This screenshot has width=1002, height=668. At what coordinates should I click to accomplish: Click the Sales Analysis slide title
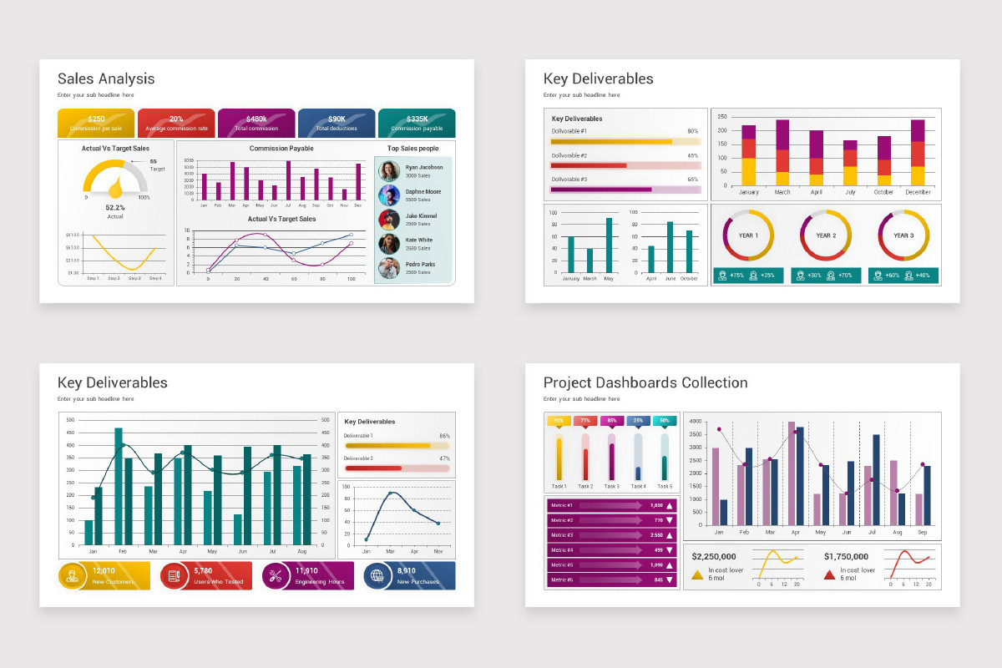[106, 79]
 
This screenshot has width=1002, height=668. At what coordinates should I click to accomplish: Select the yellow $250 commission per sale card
[96, 124]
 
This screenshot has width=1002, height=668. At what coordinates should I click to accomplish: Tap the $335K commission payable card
[417, 124]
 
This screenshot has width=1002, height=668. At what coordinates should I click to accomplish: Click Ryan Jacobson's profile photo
[388, 171]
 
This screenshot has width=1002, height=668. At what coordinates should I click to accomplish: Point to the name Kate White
[418, 240]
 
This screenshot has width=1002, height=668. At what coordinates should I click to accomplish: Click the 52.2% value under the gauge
[115, 207]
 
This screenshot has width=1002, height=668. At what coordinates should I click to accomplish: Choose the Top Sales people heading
[412, 149]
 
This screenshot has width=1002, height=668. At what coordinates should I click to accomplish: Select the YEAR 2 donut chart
[826, 235]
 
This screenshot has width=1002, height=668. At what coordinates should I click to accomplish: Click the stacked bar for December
[918, 152]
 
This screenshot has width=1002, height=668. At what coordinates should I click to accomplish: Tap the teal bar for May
[609, 245]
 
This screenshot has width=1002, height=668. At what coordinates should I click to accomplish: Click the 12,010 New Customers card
[104, 575]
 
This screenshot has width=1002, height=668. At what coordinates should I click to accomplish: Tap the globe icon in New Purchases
[377, 575]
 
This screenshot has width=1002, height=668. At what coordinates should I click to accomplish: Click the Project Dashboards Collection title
[645, 383]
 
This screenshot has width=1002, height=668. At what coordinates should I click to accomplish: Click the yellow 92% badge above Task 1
[559, 421]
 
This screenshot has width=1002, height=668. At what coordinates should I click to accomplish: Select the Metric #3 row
[611, 535]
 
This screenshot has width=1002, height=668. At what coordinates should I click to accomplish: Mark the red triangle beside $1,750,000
[830, 574]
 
